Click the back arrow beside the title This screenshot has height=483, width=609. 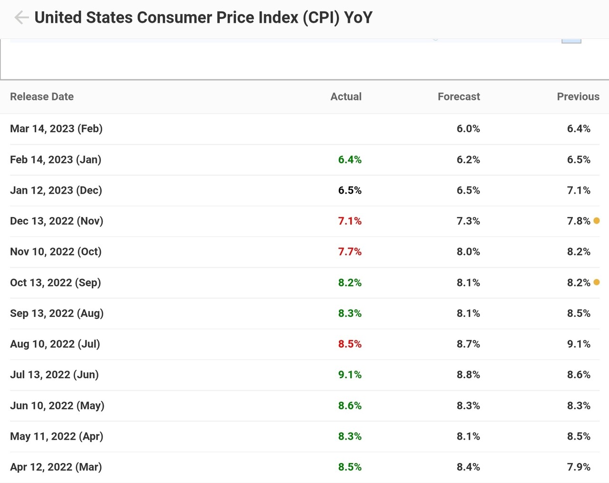tap(21, 18)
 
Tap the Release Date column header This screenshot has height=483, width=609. tap(42, 97)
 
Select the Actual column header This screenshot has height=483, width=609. tap(346, 97)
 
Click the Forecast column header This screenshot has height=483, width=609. tap(459, 97)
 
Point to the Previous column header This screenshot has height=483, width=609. tap(578, 97)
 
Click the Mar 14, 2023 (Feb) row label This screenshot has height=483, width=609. tap(56, 128)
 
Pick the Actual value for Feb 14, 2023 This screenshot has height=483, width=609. tap(350, 159)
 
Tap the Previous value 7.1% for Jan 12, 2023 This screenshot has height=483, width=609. tap(579, 190)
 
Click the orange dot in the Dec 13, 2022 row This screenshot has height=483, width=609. tap(597, 221)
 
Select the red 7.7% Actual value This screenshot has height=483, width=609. tap(350, 252)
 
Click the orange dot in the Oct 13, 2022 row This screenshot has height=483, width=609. tap(597, 282)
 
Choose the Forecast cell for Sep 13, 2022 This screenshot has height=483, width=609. tap(468, 313)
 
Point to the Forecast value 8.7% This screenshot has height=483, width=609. tap(468, 344)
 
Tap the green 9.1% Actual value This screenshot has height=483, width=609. tap(350, 375)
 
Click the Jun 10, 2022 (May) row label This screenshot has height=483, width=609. tap(57, 405)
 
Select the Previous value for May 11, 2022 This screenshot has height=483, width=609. tap(579, 436)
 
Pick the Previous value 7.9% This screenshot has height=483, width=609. tap(579, 467)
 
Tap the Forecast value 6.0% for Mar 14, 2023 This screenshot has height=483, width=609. tap(468, 128)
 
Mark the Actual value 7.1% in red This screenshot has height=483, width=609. tap(350, 221)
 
